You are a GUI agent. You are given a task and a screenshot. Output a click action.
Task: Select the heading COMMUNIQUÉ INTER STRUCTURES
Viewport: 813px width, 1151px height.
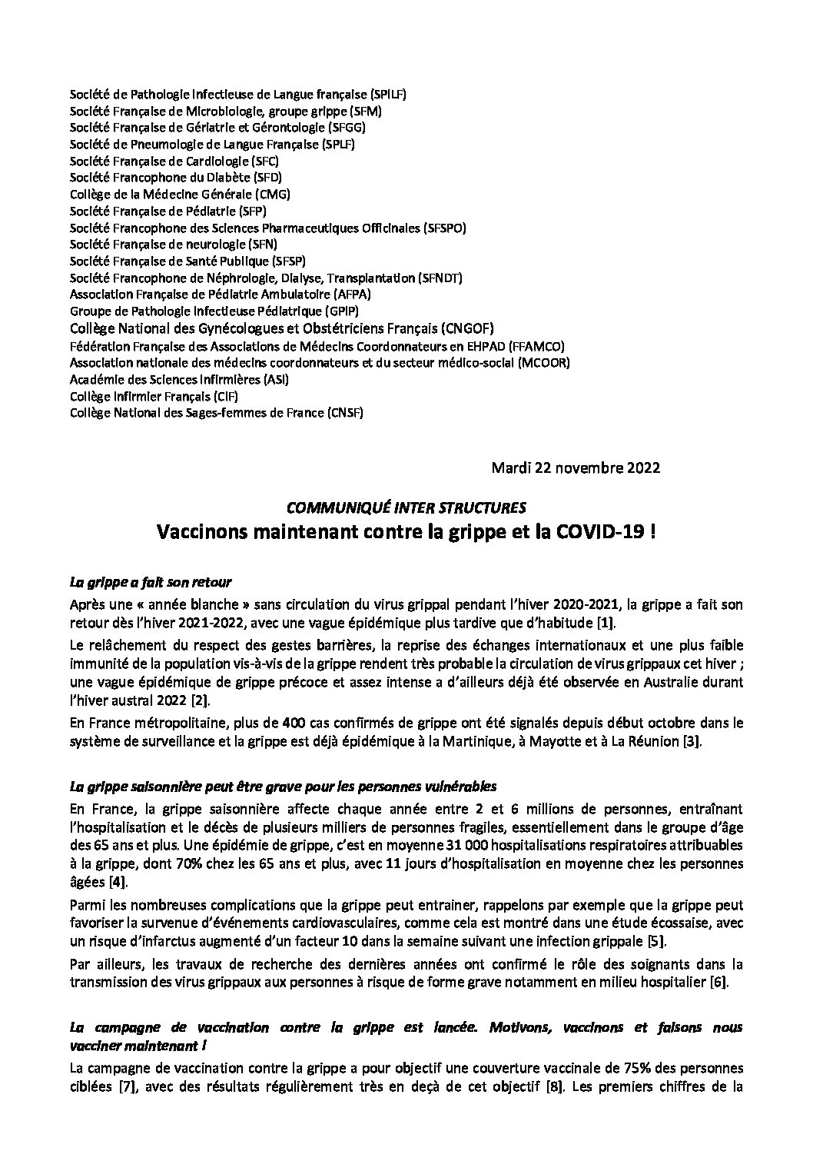pos(406,507)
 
